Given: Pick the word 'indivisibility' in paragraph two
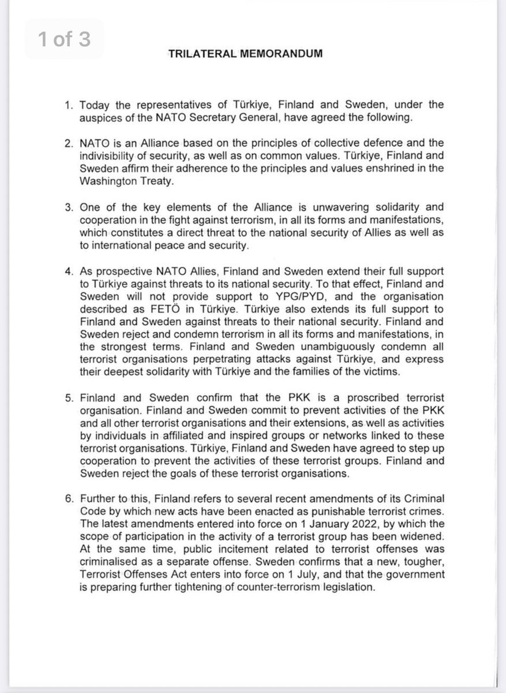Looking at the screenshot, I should point(108,155).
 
